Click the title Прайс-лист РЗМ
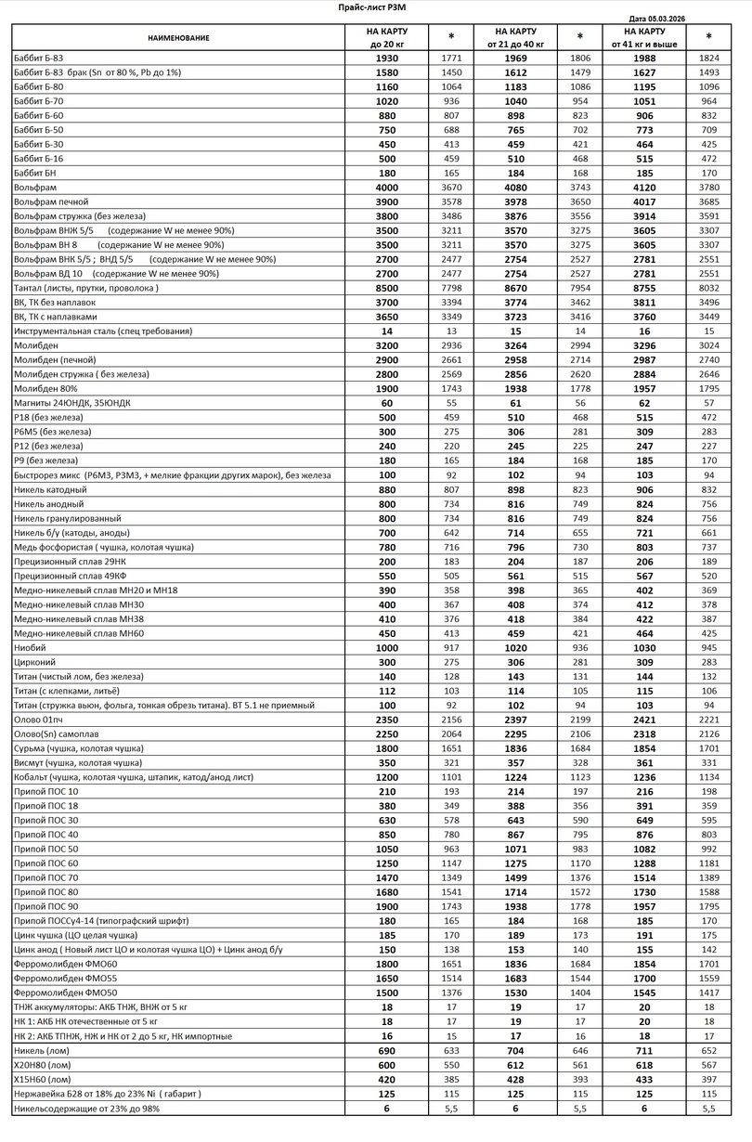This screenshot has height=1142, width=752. tap(371, 6)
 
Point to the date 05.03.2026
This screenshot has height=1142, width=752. tap(667, 18)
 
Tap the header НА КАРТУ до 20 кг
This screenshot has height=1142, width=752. tap(387, 37)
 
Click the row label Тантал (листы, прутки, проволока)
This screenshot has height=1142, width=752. tap(87, 288)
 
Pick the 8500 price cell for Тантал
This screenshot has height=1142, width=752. tap(387, 288)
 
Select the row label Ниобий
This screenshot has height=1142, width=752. tap(30, 647)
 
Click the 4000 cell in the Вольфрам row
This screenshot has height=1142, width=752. tap(387, 188)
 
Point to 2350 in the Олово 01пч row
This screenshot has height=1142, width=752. tap(387, 719)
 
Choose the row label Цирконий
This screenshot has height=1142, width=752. tap(34, 661)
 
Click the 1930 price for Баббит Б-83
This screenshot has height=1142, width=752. tap(387, 58)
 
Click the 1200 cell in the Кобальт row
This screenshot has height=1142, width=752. tap(387, 776)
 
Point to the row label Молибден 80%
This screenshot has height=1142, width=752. tap(45, 388)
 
